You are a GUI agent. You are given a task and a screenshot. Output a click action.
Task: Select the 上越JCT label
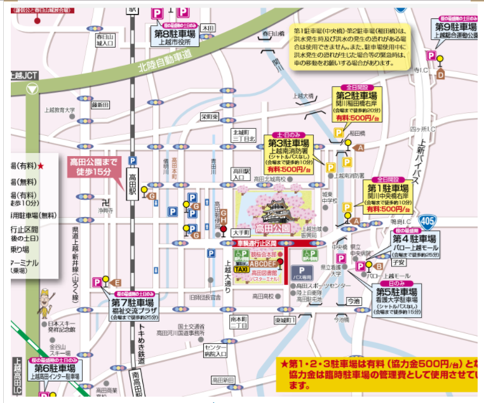click(x=25, y=75)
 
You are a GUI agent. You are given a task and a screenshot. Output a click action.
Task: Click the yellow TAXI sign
click(x=241, y=269)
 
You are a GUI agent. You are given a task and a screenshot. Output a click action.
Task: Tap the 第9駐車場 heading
click(x=455, y=27)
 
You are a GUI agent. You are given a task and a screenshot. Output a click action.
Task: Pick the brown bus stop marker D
click(x=440, y=74)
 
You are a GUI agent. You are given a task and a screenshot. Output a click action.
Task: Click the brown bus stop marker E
click(x=116, y=282)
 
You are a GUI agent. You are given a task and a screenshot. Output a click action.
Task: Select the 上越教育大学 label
click(x=60, y=110)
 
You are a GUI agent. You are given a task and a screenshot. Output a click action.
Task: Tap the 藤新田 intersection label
click(x=100, y=104)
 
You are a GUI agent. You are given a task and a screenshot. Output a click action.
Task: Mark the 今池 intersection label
click(x=353, y=301)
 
